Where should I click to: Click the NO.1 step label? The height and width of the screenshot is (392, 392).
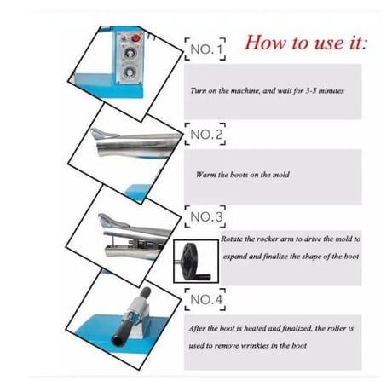(x=205, y=49)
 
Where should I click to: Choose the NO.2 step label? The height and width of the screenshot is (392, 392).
(x=205, y=134)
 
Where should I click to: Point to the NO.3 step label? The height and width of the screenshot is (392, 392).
(x=205, y=216)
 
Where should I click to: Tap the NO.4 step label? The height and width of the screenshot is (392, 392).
(x=205, y=299)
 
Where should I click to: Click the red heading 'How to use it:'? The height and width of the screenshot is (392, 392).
(x=306, y=43)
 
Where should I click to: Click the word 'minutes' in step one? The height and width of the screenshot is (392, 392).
(x=331, y=90)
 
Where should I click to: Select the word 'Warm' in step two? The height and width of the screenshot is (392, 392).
(x=206, y=175)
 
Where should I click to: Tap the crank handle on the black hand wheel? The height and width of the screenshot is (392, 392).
(x=204, y=276)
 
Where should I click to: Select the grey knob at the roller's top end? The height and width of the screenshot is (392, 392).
(x=145, y=292)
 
